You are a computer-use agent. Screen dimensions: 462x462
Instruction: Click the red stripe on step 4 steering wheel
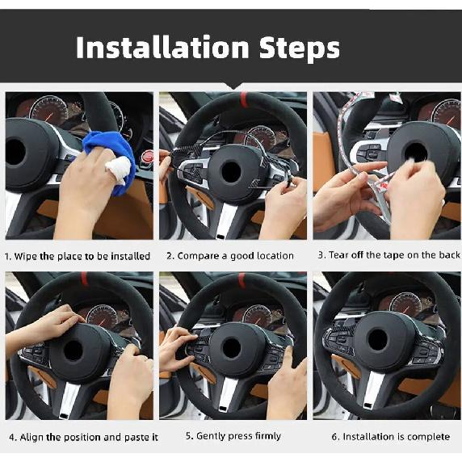[84, 279]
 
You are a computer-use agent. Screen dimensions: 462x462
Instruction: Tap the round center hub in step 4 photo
[73, 350]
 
